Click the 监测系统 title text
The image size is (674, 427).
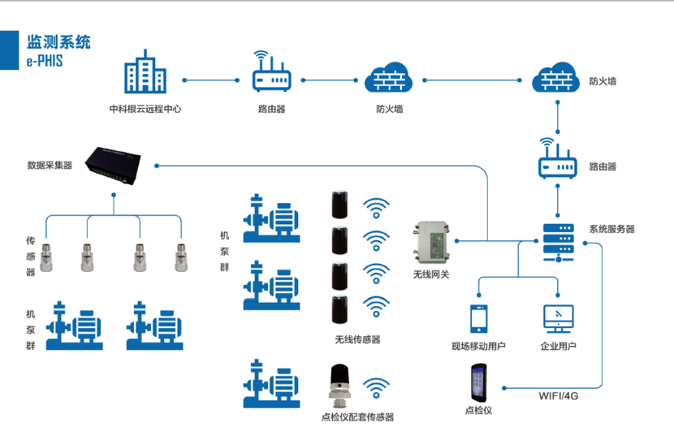point(58,43)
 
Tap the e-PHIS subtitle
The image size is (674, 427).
point(45,60)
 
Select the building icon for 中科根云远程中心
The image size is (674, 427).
point(145,72)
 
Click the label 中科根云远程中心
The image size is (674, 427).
point(145,108)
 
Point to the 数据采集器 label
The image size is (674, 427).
point(49,165)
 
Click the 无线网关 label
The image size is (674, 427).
point(431,275)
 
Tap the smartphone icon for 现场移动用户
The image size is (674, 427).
point(478,319)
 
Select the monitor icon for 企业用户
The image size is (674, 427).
point(558,319)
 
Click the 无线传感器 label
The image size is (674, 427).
point(357,339)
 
